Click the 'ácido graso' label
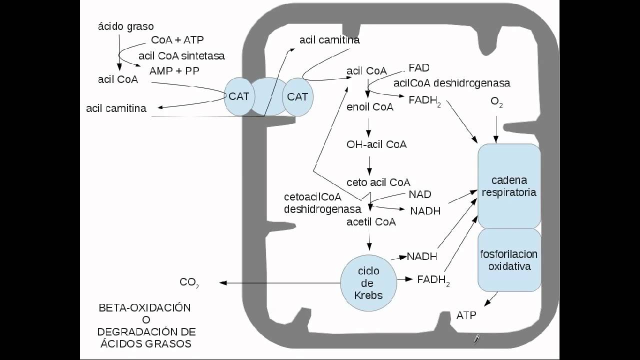(x=125, y=26)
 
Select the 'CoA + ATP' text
(x=177, y=39)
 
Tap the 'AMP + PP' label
(x=174, y=71)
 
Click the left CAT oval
(x=239, y=96)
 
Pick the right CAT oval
(x=297, y=96)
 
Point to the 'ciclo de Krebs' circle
(x=368, y=283)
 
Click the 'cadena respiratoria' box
(x=509, y=186)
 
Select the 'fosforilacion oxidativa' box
(x=509, y=260)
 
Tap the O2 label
(x=496, y=102)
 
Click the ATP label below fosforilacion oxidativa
(x=466, y=315)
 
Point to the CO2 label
(x=189, y=283)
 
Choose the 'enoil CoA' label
(x=369, y=107)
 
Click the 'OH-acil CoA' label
(x=376, y=144)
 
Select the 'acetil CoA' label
(x=371, y=221)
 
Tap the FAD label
(x=419, y=67)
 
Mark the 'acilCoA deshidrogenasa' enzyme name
(x=451, y=83)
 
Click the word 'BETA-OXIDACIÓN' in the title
(x=144, y=308)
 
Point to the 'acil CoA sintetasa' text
(x=181, y=55)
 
